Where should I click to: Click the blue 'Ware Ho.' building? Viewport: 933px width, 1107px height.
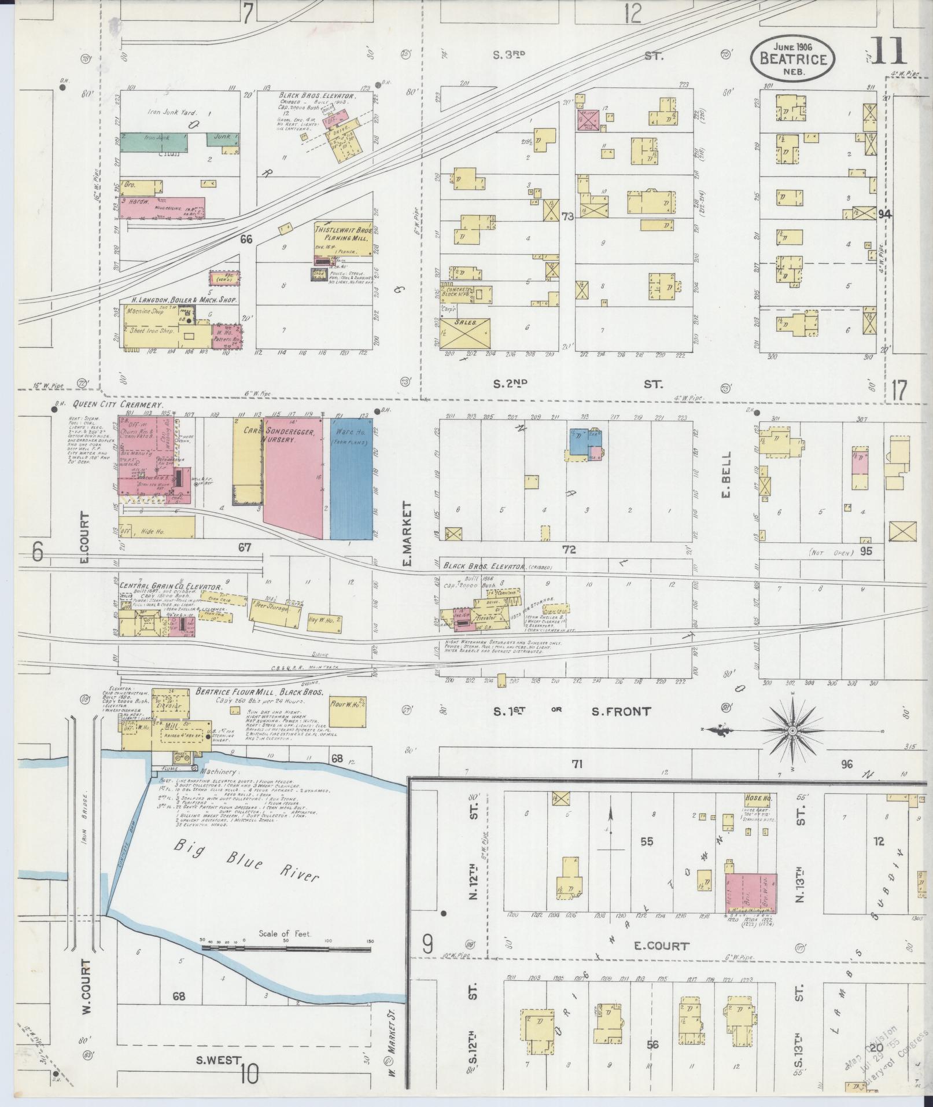[x=351, y=479]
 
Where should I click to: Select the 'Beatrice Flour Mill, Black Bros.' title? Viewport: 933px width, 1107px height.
[x=259, y=692]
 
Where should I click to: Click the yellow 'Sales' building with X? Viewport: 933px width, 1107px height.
[x=466, y=334]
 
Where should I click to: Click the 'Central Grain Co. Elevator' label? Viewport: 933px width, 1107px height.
[x=163, y=585]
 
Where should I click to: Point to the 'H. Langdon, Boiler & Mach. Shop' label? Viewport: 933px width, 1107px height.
[x=179, y=300]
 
